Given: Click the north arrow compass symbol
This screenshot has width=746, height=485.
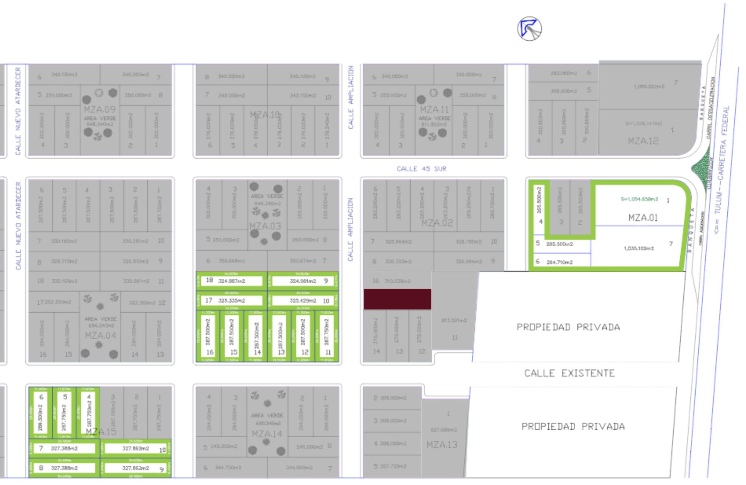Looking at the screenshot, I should (529, 29).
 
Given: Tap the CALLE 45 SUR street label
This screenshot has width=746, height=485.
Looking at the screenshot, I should (421, 169).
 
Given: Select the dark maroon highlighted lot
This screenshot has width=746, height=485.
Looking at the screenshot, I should (398, 299).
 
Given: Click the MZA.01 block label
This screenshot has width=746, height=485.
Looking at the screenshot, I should (643, 218).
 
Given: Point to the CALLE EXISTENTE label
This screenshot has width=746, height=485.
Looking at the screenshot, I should (570, 373).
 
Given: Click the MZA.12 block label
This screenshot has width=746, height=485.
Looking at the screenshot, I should (643, 141).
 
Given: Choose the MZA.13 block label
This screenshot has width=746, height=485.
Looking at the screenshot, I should (442, 445).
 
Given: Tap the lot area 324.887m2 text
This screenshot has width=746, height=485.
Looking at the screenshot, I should (232, 281).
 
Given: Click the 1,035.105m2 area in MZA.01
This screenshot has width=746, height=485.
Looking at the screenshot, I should (639, 248).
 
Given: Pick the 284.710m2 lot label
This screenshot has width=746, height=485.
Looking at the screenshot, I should (559, 262).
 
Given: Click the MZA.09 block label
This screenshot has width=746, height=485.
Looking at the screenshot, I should (100, 110).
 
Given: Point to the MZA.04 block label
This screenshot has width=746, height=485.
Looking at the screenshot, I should (100, 335).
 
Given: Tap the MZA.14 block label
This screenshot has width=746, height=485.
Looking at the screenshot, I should (267, 434).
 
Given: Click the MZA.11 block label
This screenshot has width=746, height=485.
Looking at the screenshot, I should (435, 110).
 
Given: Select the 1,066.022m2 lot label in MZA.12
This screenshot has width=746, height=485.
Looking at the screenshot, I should (649, 87).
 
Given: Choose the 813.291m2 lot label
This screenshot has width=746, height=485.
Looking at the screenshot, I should (454, 320).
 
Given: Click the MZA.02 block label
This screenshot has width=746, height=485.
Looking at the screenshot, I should (437, 223).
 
